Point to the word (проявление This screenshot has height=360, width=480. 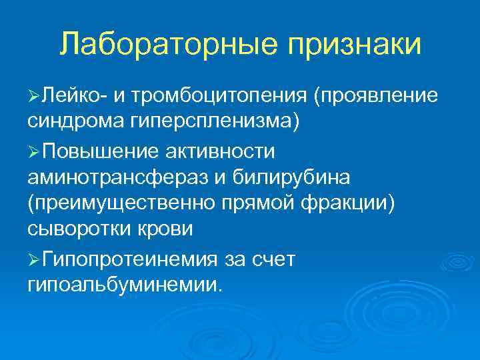tap(376, 97)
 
